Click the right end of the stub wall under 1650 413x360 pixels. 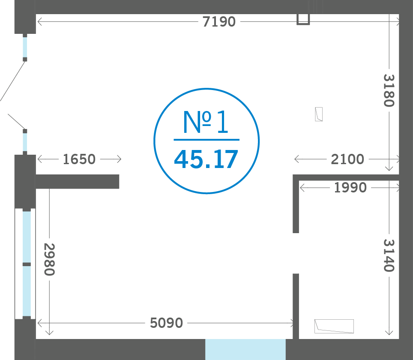click(x=119, y=182)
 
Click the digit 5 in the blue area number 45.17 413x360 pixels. click(x=195, y=159)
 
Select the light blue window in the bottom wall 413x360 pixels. click(x=245, y=349)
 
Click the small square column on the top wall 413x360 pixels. click(x=303, y=19)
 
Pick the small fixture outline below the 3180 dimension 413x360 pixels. click(x=319, y=114)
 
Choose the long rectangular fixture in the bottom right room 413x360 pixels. click(x=334, y=326)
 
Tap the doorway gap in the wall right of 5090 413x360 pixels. click(x=296, y=253)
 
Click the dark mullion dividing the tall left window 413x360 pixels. click(x=27, y=264)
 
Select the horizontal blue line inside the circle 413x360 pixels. click(x=206, y=140)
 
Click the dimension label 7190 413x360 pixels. click(x=219, y=21)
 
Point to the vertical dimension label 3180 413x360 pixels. click(x=389, y=90)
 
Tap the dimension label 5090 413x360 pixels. click(x=166, y=323)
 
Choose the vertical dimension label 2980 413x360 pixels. click(x=49, y=259)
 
